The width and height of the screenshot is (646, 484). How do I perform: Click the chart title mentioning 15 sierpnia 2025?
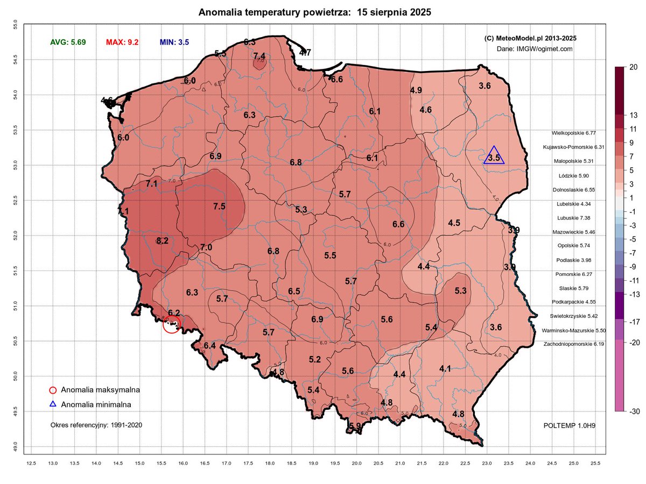pos(314,12)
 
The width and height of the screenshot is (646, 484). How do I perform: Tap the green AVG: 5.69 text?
pos(68,42)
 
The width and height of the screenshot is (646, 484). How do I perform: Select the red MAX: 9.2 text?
pos(122,42)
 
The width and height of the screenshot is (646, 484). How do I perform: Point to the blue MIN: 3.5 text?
pos(174,42)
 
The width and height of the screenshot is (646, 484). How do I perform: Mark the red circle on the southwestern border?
pos(171,325)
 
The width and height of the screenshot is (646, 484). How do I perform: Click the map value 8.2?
pos(163,241)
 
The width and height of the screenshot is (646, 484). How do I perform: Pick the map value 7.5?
pos(219,206)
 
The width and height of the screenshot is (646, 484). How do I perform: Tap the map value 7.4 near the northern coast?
pos(259,56)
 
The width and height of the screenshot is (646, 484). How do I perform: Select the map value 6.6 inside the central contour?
pos(398,224)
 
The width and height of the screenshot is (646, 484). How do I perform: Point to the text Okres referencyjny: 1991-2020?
pos(96,425)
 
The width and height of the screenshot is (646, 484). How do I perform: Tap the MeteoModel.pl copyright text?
pos(531,38)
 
